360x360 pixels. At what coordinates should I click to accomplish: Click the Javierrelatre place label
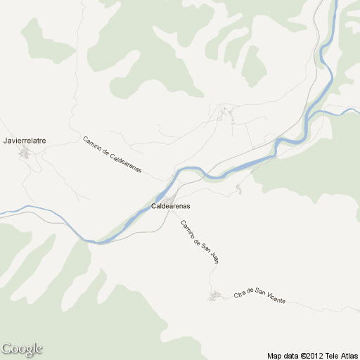(25, 141)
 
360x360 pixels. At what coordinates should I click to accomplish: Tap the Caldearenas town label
(171, 206)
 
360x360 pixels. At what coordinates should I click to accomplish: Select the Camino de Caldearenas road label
(112, 155)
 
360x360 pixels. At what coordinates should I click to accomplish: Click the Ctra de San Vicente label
(259, 295)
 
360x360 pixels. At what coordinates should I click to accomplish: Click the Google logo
(22, 349)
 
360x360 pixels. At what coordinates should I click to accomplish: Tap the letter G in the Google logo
(7, 348)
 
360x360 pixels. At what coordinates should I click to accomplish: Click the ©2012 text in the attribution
(312, 356)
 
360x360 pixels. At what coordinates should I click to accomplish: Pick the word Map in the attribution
(274, 356)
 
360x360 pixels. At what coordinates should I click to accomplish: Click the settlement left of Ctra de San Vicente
(214, 297)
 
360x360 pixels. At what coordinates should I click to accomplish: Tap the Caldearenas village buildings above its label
(173, 195)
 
